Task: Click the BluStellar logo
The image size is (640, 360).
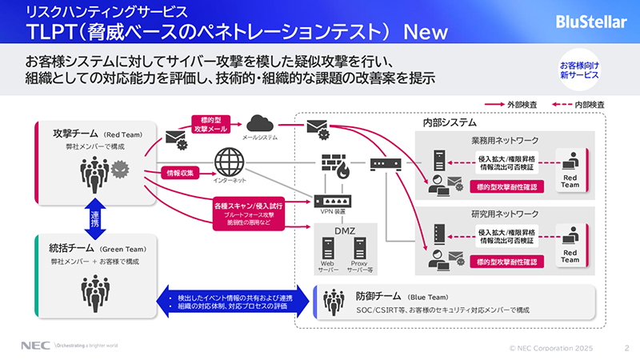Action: (590, 22)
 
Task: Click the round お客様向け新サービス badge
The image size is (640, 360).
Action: (583, 70)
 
